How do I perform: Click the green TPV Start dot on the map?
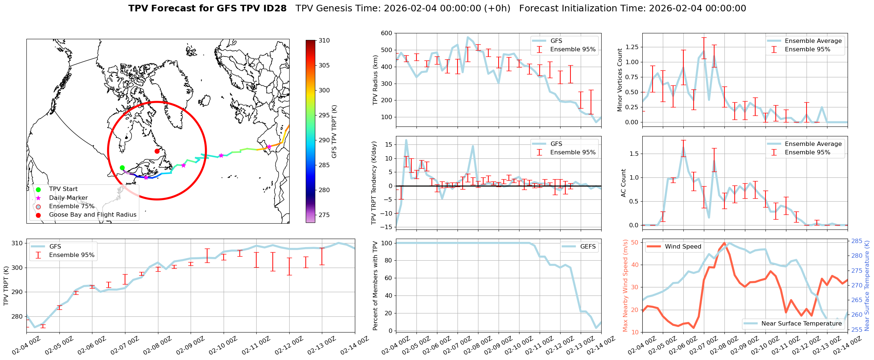tap(122, 168)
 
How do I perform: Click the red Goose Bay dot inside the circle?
tap(157, 151)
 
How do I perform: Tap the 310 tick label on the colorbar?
tap(324, 41)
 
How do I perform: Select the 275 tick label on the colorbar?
tap(324, 215)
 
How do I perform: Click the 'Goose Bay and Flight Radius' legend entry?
tap(92, 215)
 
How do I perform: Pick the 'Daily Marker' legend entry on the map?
tap(68, 198)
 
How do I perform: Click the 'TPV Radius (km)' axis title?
tap(375, 80)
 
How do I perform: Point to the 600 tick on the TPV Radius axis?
tap(387, 33)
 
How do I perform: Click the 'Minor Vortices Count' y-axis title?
tap(620, 80)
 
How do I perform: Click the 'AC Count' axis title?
tap(624, 183)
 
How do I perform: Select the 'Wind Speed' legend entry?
tap(683, 247)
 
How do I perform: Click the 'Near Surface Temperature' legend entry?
tap(801, 324)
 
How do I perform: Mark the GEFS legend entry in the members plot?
tap(588, 247)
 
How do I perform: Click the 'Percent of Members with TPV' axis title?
tap(375, 286)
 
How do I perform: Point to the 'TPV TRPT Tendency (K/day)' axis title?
tap(374, 183)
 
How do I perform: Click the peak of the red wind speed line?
tap(724, 243)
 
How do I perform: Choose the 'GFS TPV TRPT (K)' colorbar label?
tap(334, 132)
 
